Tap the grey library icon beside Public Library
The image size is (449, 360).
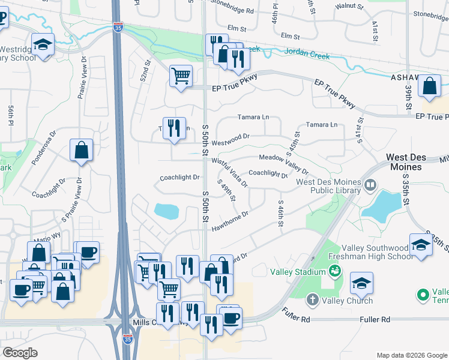[370, 185]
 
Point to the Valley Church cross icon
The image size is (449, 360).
[312, 299]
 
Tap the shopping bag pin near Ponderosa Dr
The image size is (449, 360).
[81, 151]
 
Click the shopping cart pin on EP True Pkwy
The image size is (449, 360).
[181, 76]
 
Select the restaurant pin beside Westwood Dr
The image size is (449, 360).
[174, 128]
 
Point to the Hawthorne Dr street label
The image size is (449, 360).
[230, 219]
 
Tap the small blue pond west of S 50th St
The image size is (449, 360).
[166, 211]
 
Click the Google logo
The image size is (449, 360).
[20, 352]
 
